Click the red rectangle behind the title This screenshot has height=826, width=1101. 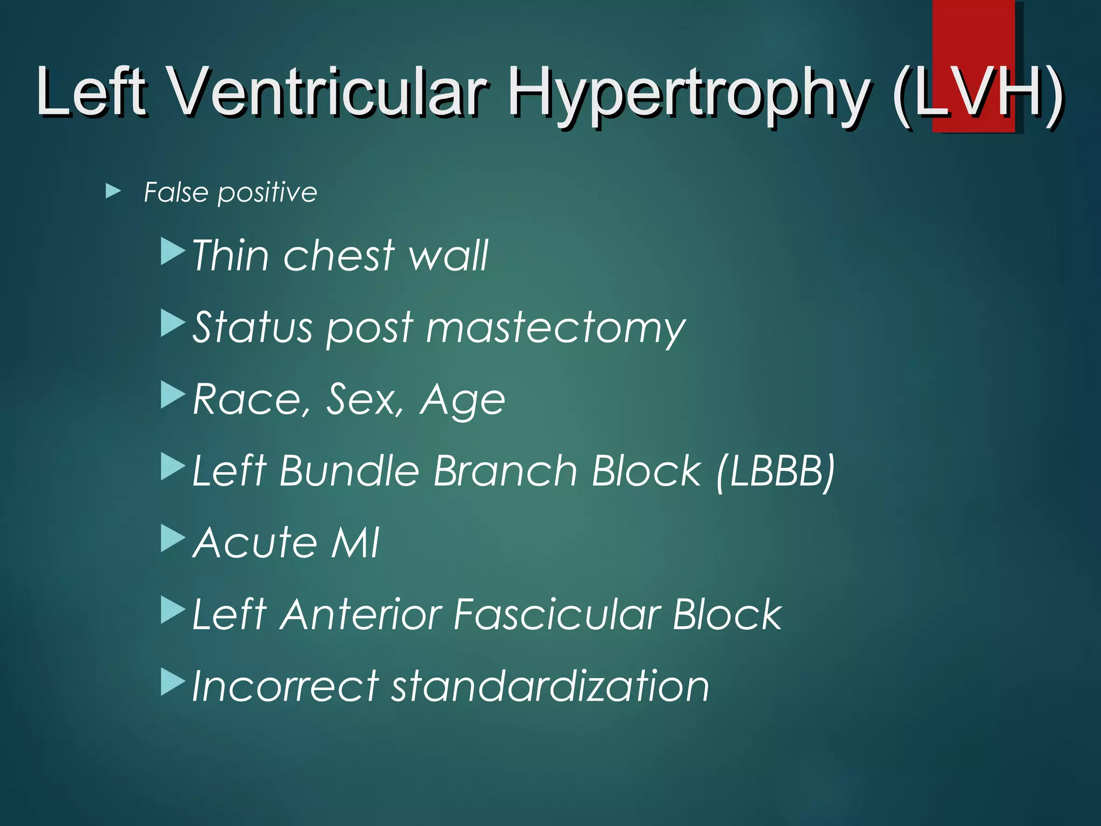point(973,32)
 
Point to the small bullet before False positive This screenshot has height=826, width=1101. point(113,191)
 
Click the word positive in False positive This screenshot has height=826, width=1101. point(267,193)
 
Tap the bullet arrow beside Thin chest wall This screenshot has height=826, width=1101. point(173,252)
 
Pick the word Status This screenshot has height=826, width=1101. point(253,327)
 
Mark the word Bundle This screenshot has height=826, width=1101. point(349,471)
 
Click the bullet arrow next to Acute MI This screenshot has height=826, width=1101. point(173,538)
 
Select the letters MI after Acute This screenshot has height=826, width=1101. point(355,543)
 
